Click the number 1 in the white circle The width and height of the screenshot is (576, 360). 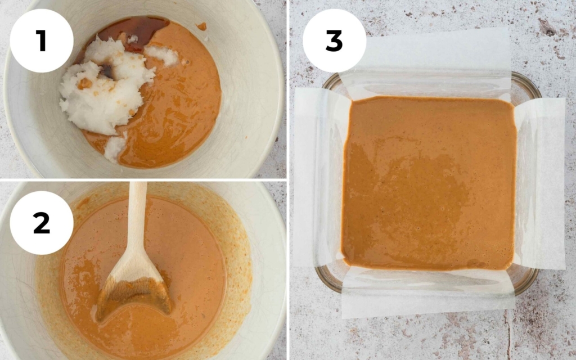pyautogui.click(x=41, y=40)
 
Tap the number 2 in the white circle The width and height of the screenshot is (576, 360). pyautogui.click(x=41, y=223)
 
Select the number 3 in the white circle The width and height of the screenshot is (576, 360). pyautogui.click(x=334, y=40)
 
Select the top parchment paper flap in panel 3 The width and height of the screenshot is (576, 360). pyautogui.click(x=427, y=62)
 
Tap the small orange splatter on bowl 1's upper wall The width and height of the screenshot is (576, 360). pyautogui.click(x=201, y=26)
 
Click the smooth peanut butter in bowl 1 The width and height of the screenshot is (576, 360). pyautogui.click(x=180, y=107)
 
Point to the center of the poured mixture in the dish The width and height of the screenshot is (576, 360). pyautogui.click(x=429, y=183)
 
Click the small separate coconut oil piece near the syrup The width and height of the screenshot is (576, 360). pyautogui.click(x=161, y=55)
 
